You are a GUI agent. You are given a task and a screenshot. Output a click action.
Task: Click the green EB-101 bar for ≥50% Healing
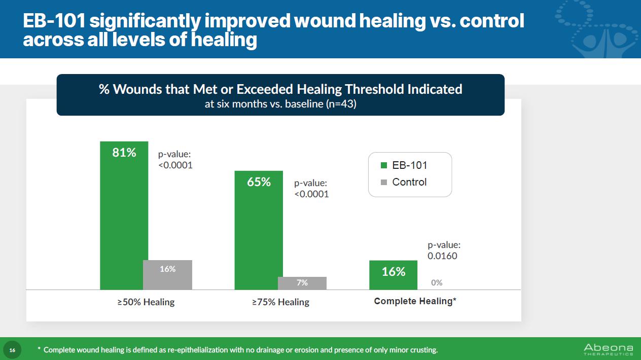click(124, 218)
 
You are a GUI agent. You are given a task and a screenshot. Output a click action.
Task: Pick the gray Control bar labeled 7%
click(302, 283)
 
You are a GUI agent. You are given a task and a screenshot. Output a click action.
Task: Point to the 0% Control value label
click(437, 282)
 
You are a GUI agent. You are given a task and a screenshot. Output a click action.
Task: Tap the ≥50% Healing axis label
click(146, 302)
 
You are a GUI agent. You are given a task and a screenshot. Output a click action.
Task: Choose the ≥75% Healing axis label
click(281, 302)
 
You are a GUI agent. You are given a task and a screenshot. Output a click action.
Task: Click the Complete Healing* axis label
click(415, 301)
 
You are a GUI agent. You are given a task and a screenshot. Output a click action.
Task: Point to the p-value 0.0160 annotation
click(443, 250)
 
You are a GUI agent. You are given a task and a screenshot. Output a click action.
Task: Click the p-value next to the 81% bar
click(175, 159)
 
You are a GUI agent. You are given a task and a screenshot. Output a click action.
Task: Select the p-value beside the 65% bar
click(311, 189)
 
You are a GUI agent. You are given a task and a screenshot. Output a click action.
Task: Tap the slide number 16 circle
click(13, 350)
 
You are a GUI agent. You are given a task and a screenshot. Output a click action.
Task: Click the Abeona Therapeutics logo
click(608, 349)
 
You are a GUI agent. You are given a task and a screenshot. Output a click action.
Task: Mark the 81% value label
click(124, 152)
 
